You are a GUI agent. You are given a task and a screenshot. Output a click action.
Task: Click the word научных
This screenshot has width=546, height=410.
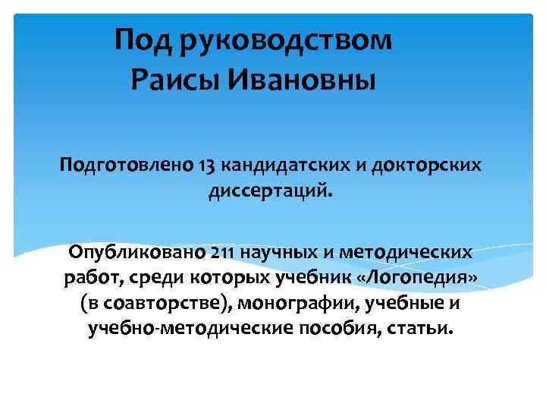(275, 251)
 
